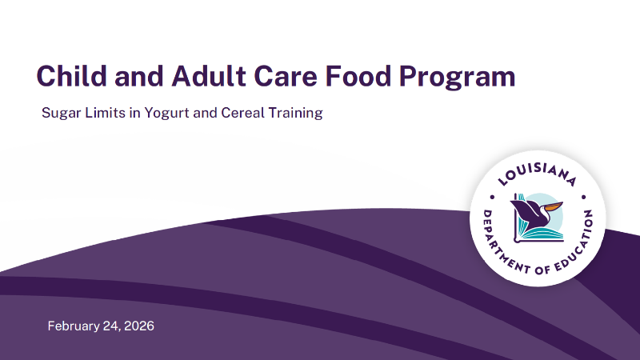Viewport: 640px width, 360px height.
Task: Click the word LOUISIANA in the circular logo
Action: point(537,169)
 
